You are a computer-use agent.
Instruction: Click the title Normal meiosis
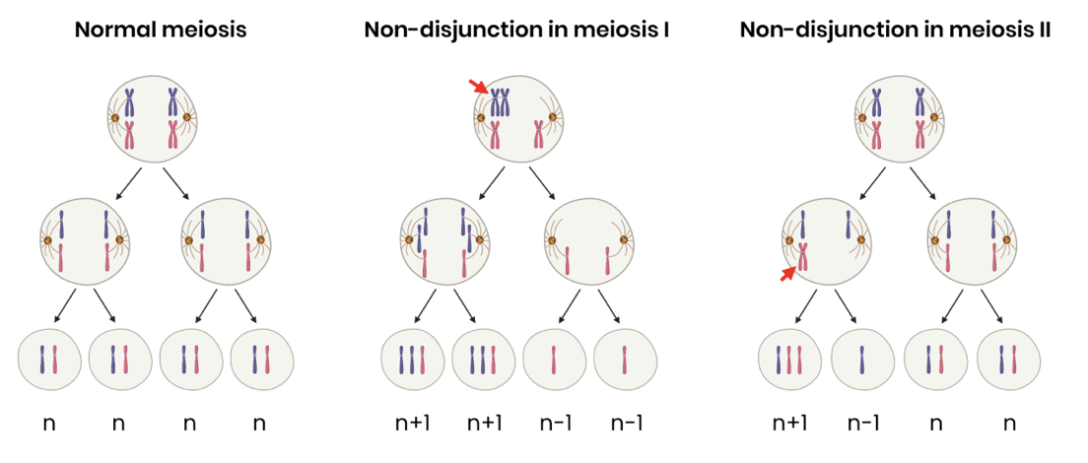pos(160,30)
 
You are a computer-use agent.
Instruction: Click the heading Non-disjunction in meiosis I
pos(517,30)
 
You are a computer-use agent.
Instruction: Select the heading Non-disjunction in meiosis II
pos(895,30)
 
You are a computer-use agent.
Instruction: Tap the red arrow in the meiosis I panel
pos(479,88)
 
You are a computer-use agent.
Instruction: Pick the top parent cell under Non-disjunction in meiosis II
pos(895,117)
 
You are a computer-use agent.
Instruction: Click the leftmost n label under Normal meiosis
pos(48,425)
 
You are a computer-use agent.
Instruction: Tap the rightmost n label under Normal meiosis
pos(259,425)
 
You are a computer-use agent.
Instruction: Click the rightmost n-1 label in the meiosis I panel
pos(626,425)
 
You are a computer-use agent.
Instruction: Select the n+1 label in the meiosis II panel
pos(789,425)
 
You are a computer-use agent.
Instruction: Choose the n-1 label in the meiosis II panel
pos(862,425)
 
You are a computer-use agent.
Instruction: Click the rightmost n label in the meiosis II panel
pos(1007,425)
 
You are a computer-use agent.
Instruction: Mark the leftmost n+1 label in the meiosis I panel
pos(411,425)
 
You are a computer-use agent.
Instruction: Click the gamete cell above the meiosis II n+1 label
pos(789,360)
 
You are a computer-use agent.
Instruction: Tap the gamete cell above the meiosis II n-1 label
pos(862,360)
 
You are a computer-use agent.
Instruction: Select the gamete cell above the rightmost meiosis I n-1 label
pos(626,360)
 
